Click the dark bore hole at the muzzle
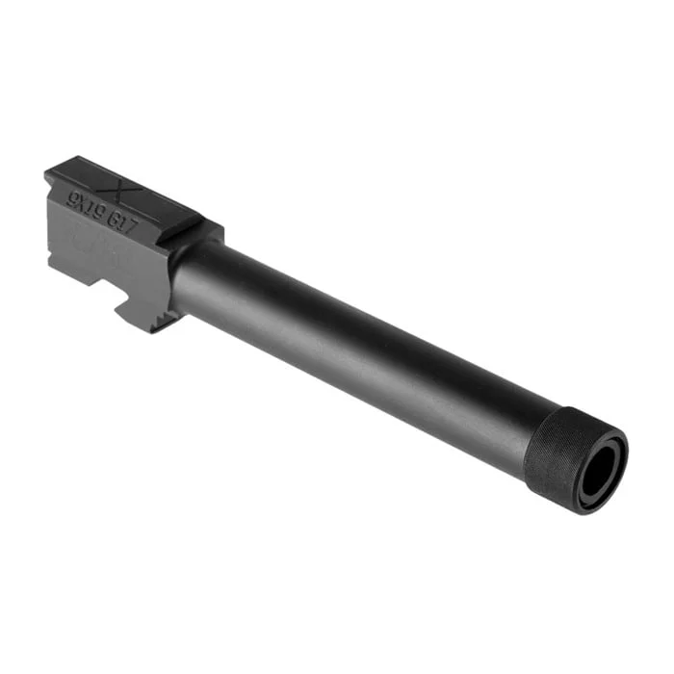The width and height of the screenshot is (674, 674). [x=599, y=471]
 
